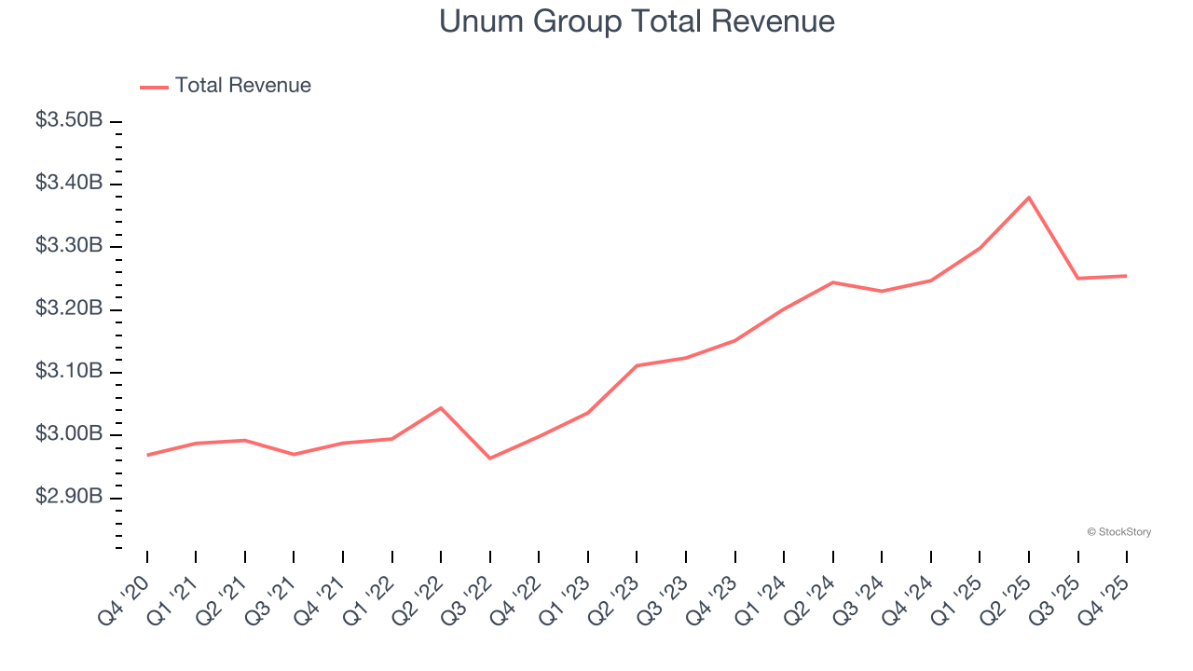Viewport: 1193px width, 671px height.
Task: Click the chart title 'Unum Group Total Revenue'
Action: pos(637,21)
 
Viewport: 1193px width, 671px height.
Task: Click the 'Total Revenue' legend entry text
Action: pos(242,86)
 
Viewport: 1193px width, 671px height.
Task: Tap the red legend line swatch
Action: pos(154,87)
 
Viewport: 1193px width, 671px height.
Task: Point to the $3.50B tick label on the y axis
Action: pos(69,120)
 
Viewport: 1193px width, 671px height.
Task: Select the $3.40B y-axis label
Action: pos(69,183)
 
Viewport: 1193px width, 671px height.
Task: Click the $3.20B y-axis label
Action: pos(69,308)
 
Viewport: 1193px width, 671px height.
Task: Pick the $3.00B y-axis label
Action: pos(69,434)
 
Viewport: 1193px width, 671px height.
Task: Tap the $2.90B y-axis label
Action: pos(69,497)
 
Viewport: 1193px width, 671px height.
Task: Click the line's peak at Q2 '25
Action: pos(1029,198)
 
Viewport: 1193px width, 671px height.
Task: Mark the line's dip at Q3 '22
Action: pos(490,458)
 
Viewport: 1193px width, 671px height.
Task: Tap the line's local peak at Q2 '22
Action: pos(441,408)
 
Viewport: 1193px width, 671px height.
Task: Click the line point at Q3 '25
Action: pos(1077,278)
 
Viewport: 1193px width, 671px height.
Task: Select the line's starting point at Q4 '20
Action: pos(147,455)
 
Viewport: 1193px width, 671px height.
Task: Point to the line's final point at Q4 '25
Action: pos(1127,276)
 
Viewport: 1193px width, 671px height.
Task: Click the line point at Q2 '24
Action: pos(832,282)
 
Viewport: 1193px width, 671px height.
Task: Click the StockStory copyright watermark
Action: pos(1118,532)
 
